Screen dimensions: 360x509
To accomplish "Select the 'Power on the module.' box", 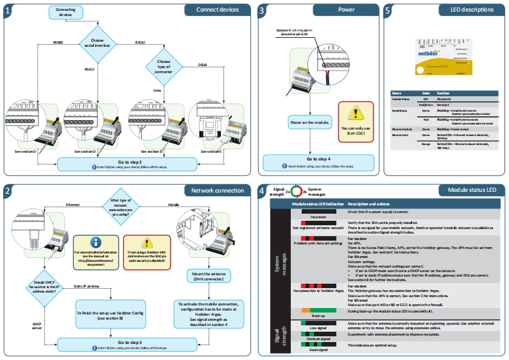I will click(309, 122).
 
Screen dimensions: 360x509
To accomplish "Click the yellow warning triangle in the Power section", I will click(351, 114).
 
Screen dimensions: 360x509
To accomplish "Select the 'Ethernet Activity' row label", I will click(402, 129).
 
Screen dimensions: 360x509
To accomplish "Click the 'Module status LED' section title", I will click(468, 191).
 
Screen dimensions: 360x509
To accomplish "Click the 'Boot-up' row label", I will click(309, 316).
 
